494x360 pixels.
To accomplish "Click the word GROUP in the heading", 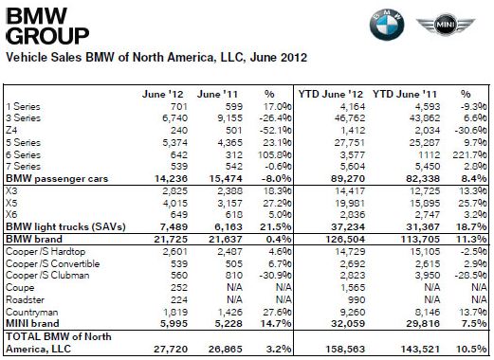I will point(42,37).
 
